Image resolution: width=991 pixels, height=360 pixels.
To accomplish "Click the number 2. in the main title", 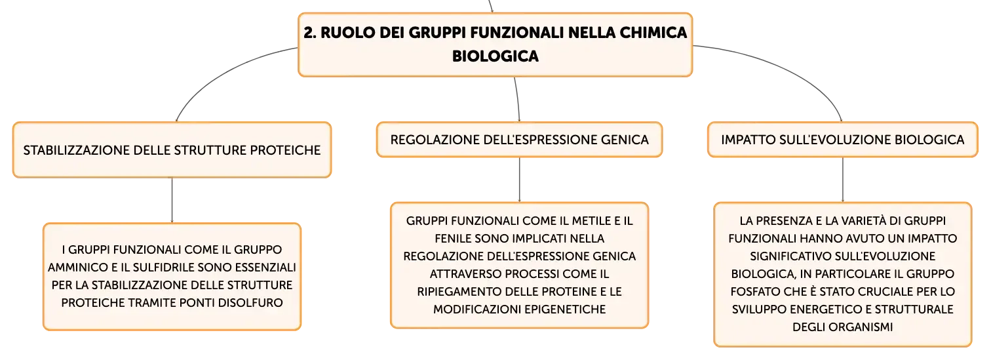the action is tap(309, 32).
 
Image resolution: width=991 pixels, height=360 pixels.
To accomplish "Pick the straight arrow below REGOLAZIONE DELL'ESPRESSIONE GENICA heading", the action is tap(519, 179).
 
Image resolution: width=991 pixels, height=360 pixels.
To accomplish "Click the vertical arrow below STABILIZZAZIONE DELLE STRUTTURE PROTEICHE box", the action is tap(172, 200).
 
